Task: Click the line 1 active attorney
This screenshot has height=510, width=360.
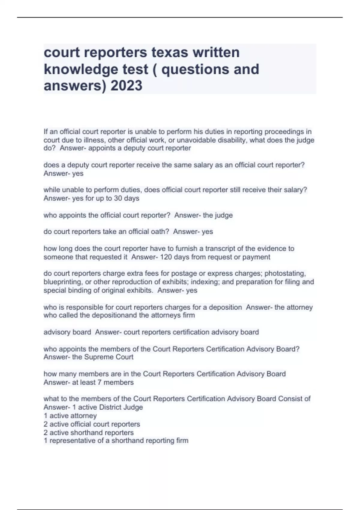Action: click(x=70, y=416)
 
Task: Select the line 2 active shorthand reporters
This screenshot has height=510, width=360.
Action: click(x=88, y=433)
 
